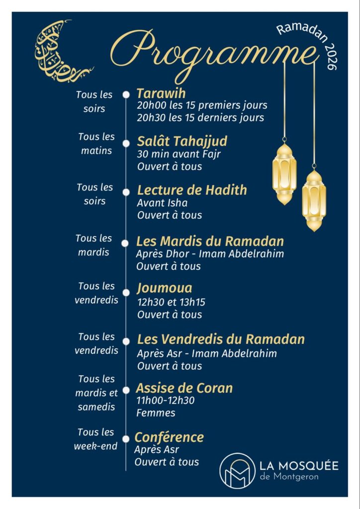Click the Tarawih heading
tap(154, 93)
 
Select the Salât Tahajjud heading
tap(182, 141)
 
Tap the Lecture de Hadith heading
tap(192, 190)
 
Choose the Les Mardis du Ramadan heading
tap(210, 242)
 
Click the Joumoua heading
tap(165, 288)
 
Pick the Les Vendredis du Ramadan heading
tap(221, 340)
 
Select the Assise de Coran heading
tap(184, 388)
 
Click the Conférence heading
tap(170, 437)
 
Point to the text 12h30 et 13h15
tap(171, 302)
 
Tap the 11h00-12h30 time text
tap(166, 401)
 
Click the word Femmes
tap(156, 413)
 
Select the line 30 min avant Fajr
tap(179, 154)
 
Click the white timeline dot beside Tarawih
tap(126, 94)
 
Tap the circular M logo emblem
tap(237, 470)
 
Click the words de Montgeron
tap(283, 477)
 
